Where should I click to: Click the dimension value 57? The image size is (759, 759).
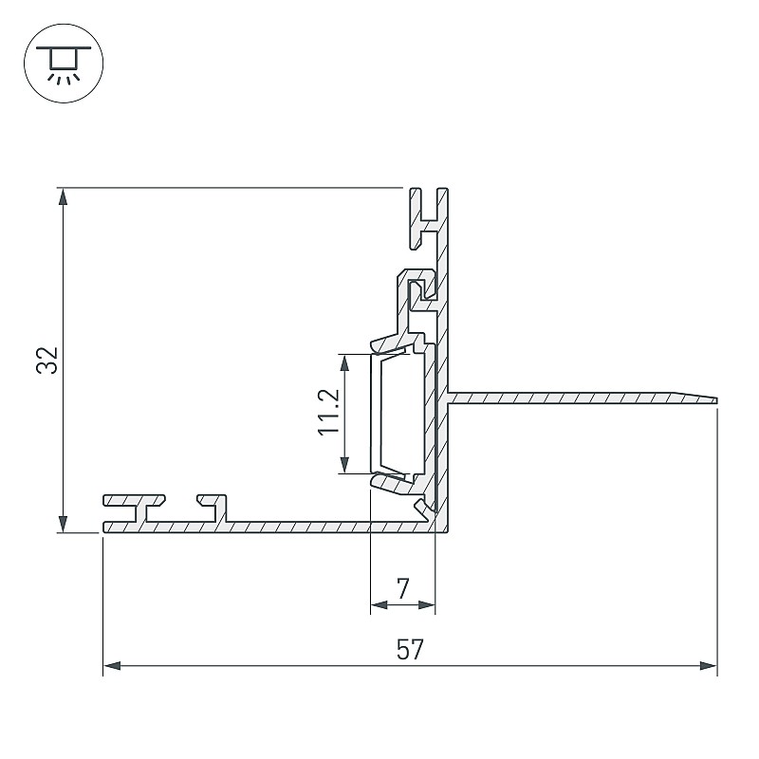(x=410, y=649)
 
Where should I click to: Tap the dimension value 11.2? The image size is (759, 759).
(x=329, y=412)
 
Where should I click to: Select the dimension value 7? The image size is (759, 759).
(x=403, y=587)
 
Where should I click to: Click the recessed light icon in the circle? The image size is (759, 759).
(x=64, y=64)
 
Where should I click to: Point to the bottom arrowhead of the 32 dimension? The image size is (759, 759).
(x=63, y=524)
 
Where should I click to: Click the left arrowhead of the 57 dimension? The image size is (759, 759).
(x=112, y=666)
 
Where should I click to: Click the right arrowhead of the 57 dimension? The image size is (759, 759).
(x=708, y=666)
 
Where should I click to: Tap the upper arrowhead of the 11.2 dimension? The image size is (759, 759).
(x=344, y=363)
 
